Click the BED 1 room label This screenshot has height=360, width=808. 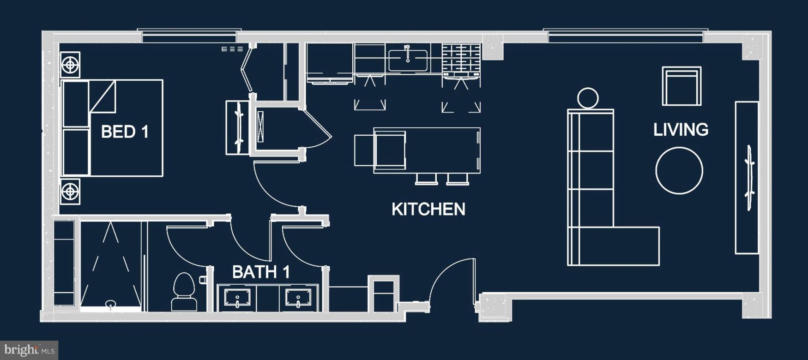coord(125,132)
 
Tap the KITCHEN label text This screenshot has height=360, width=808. coord(428,209)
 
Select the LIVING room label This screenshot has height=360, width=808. coord(681,130)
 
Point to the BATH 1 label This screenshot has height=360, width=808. coord(261,272)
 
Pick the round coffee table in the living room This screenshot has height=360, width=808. coord(679,170)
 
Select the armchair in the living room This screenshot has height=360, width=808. coord(681,86)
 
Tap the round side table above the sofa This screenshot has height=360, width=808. coord(588,98)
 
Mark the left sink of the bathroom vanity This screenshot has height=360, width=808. coord(237,298)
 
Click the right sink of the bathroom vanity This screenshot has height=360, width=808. coord(298,298)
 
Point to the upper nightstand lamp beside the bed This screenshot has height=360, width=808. coord(70,65)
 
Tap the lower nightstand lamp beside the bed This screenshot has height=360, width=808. coord(70,191)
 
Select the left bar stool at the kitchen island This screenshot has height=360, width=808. coord(426,179)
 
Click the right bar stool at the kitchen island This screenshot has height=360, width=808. coord(458,179)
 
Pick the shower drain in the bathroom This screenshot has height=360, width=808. coord(111,303)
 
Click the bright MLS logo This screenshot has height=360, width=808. coord(29,350)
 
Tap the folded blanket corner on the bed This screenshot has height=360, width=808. coord(103,96)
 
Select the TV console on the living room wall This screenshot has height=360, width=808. coord(747,178)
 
